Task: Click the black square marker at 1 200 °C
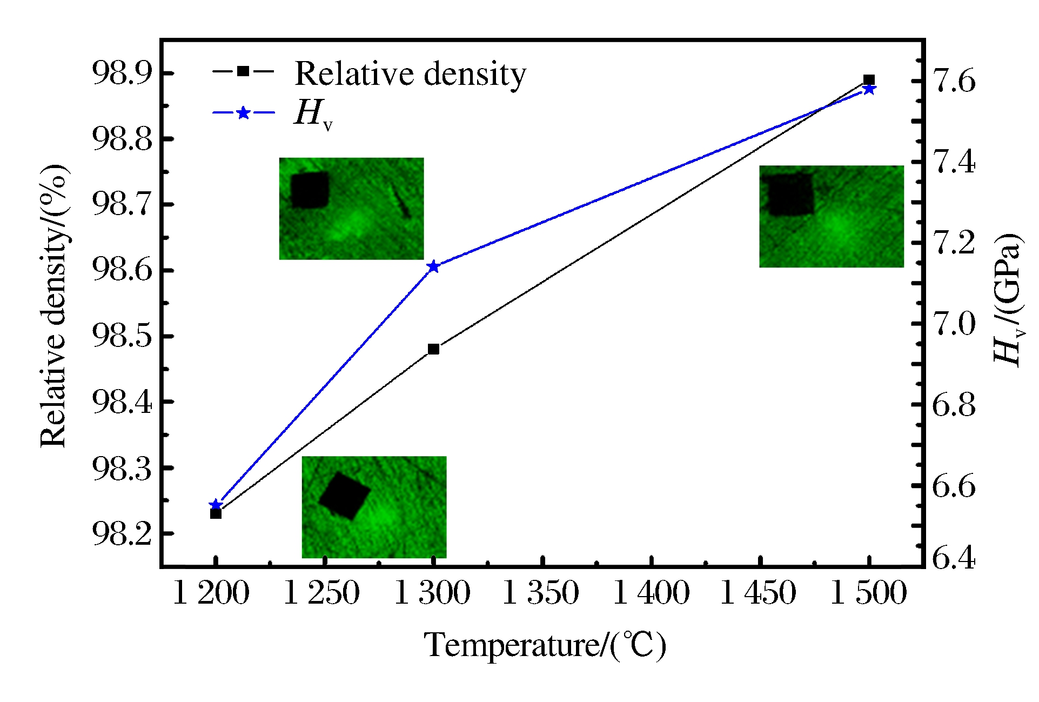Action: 216,513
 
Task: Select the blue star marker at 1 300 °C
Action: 433,266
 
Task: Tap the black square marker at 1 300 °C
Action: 433,349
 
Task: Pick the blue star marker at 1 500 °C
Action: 869,89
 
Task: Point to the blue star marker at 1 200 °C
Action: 216,504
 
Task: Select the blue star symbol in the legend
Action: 244,113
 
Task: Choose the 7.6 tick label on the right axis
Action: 954,81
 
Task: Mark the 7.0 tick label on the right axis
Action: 954,324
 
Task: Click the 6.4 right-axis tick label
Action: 954,558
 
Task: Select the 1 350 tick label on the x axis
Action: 541,593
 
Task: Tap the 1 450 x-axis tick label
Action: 759,593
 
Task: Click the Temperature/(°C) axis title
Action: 545,645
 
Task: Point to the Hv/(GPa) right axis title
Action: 1008,300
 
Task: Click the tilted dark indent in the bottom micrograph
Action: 344,496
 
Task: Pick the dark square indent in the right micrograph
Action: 791,195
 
